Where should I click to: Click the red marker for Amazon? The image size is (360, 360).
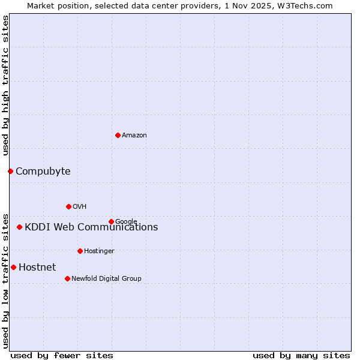(x=118, y=135)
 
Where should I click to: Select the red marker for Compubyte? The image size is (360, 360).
(x=10, y=171)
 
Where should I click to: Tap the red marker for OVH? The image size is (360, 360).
(x=68, y=206)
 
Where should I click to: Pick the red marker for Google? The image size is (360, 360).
(x=111, y=221)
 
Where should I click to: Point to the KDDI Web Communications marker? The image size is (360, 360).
(x=20, y=227)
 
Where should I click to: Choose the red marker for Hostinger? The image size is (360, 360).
(x=80, y=251)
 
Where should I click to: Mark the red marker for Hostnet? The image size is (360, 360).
(x=13, y=267)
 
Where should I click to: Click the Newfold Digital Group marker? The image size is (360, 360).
(x=67, y=278)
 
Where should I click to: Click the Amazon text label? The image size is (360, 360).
(x=134, y=136)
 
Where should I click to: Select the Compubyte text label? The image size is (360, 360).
(x=43, y=172)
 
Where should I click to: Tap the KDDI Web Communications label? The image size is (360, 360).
(x=91, y=227)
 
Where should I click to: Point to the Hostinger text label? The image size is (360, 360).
(x=99, y=251)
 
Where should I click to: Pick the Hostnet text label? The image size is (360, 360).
(x=37, y=268)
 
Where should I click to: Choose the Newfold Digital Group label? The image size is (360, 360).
(x=106, y=278)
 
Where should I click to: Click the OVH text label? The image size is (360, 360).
(x=79, y=207)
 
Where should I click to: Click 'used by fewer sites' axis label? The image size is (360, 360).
(x=62, y=355)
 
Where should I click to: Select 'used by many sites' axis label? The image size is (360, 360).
(x=301, y=355)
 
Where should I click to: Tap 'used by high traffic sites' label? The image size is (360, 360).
(x=5, y=86)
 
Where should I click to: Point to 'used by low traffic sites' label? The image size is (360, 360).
(x=5, y=280)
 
